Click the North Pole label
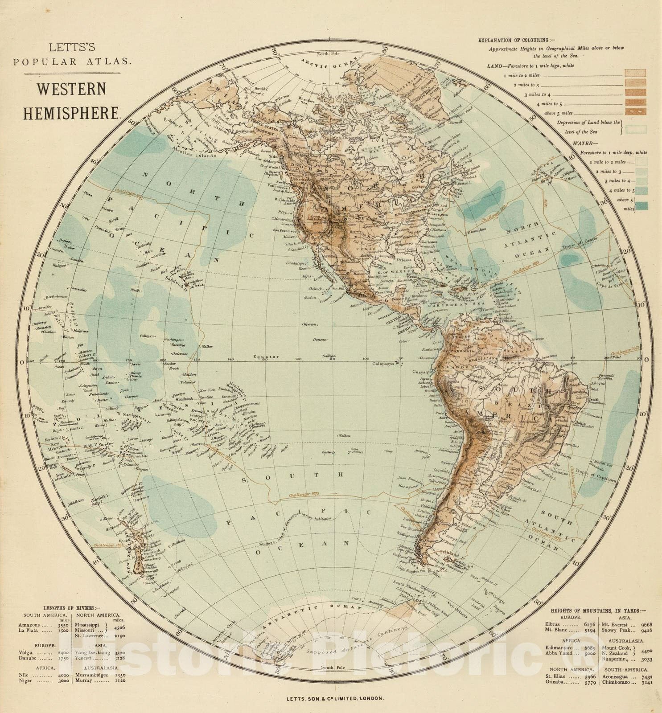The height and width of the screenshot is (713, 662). [x=329, y=54]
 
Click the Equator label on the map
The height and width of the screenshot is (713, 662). [x=266, y=356]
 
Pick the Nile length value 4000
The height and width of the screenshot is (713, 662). [x=64, y=675]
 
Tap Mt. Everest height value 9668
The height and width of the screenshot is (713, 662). [x=644, y=625]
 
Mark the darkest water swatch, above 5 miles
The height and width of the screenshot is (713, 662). [x=641, y=205]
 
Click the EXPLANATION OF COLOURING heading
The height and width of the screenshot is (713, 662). [x=517, y=40]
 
